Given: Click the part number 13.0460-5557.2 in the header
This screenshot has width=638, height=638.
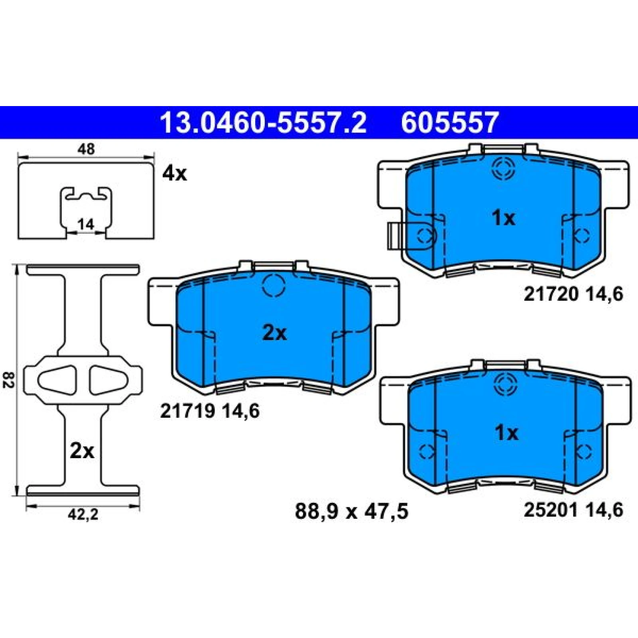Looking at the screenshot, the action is coord(263,122).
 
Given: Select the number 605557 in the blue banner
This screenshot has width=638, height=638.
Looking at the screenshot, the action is coord(450,122).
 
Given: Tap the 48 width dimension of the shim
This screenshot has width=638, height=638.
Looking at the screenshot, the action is coord(86,149).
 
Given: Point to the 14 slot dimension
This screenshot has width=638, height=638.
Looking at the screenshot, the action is coord(86,224).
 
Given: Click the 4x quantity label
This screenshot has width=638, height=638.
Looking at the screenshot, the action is coord(175,173).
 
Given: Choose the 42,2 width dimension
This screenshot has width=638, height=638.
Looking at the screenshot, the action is coord(83,515).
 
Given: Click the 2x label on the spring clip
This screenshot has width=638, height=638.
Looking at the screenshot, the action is coord(82,451).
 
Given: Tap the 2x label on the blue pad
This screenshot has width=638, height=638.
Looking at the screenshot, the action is coord(274,333).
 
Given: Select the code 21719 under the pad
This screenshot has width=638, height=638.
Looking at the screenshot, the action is coord(188,411).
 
